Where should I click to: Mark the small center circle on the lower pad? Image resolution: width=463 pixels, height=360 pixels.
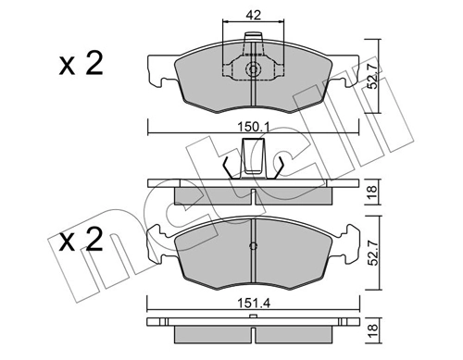tap(252, 246)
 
